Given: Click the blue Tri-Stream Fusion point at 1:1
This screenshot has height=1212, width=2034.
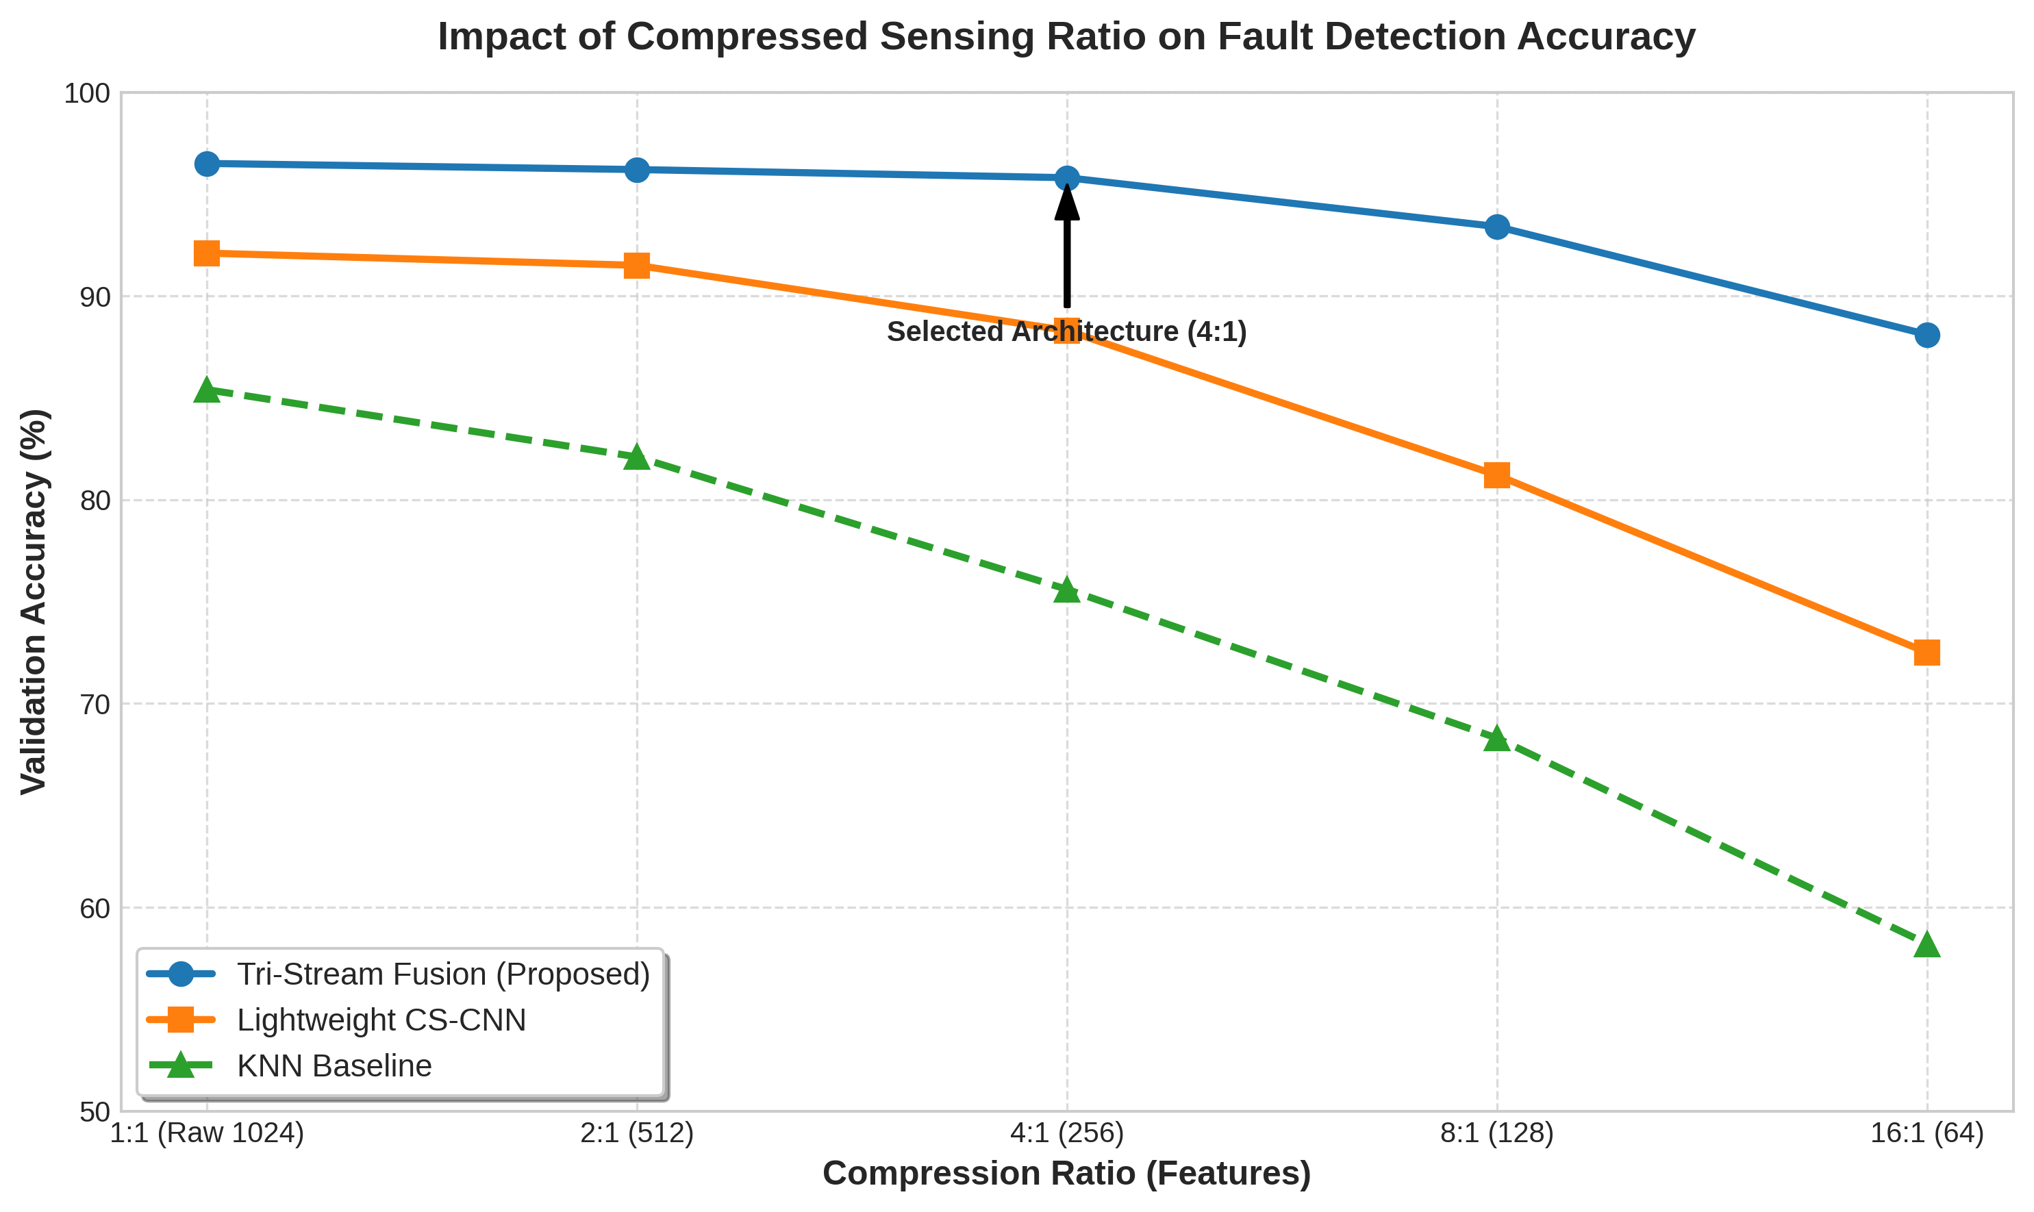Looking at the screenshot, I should pyautogui.click(x=207, y=164).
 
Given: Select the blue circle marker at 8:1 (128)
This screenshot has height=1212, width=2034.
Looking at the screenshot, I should pyautogui.click(x=1496, y=227).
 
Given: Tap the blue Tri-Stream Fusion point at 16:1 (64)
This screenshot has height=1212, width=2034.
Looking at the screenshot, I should pyautogui.click(x=1927, y=335).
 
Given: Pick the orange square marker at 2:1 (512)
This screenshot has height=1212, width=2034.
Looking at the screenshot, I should pyautogui.click(x=636, y=266).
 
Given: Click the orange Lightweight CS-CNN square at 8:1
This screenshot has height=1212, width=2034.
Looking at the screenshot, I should pyautogui.click(x=1496, y=475).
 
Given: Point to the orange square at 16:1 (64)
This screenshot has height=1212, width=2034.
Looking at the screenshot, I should pyautogui.click(x=1927, y=653).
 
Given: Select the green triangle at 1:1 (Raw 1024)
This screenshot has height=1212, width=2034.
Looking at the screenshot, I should pyautogui.click(x=207, y=391).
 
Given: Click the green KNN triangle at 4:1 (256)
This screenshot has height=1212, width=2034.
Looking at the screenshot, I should pyautogui.click(x=1067, y=590).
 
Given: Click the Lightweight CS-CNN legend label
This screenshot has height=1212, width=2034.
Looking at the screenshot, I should pyautogui.click(x=381, y=1020).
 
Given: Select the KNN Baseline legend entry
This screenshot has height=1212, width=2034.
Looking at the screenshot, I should pyautogui.click(x=334, y=1066).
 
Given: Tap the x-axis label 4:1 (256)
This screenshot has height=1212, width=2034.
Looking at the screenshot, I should pyautogui.click(x=1067, y=1133).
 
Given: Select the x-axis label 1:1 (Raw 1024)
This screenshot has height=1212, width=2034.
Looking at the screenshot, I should pyautogui.click(x=207, y=1133).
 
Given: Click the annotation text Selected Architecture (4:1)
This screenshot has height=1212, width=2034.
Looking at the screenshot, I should pyautogui.click(x=1067, y=331).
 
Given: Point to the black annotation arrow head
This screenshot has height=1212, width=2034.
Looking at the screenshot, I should pyautogui.click(x=1067, y=199).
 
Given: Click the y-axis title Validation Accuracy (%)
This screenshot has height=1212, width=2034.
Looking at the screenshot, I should pyautogui.click(x=34, y=601).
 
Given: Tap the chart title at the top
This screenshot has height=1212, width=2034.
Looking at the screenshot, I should pyautogui.click(x=1067, y=37).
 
